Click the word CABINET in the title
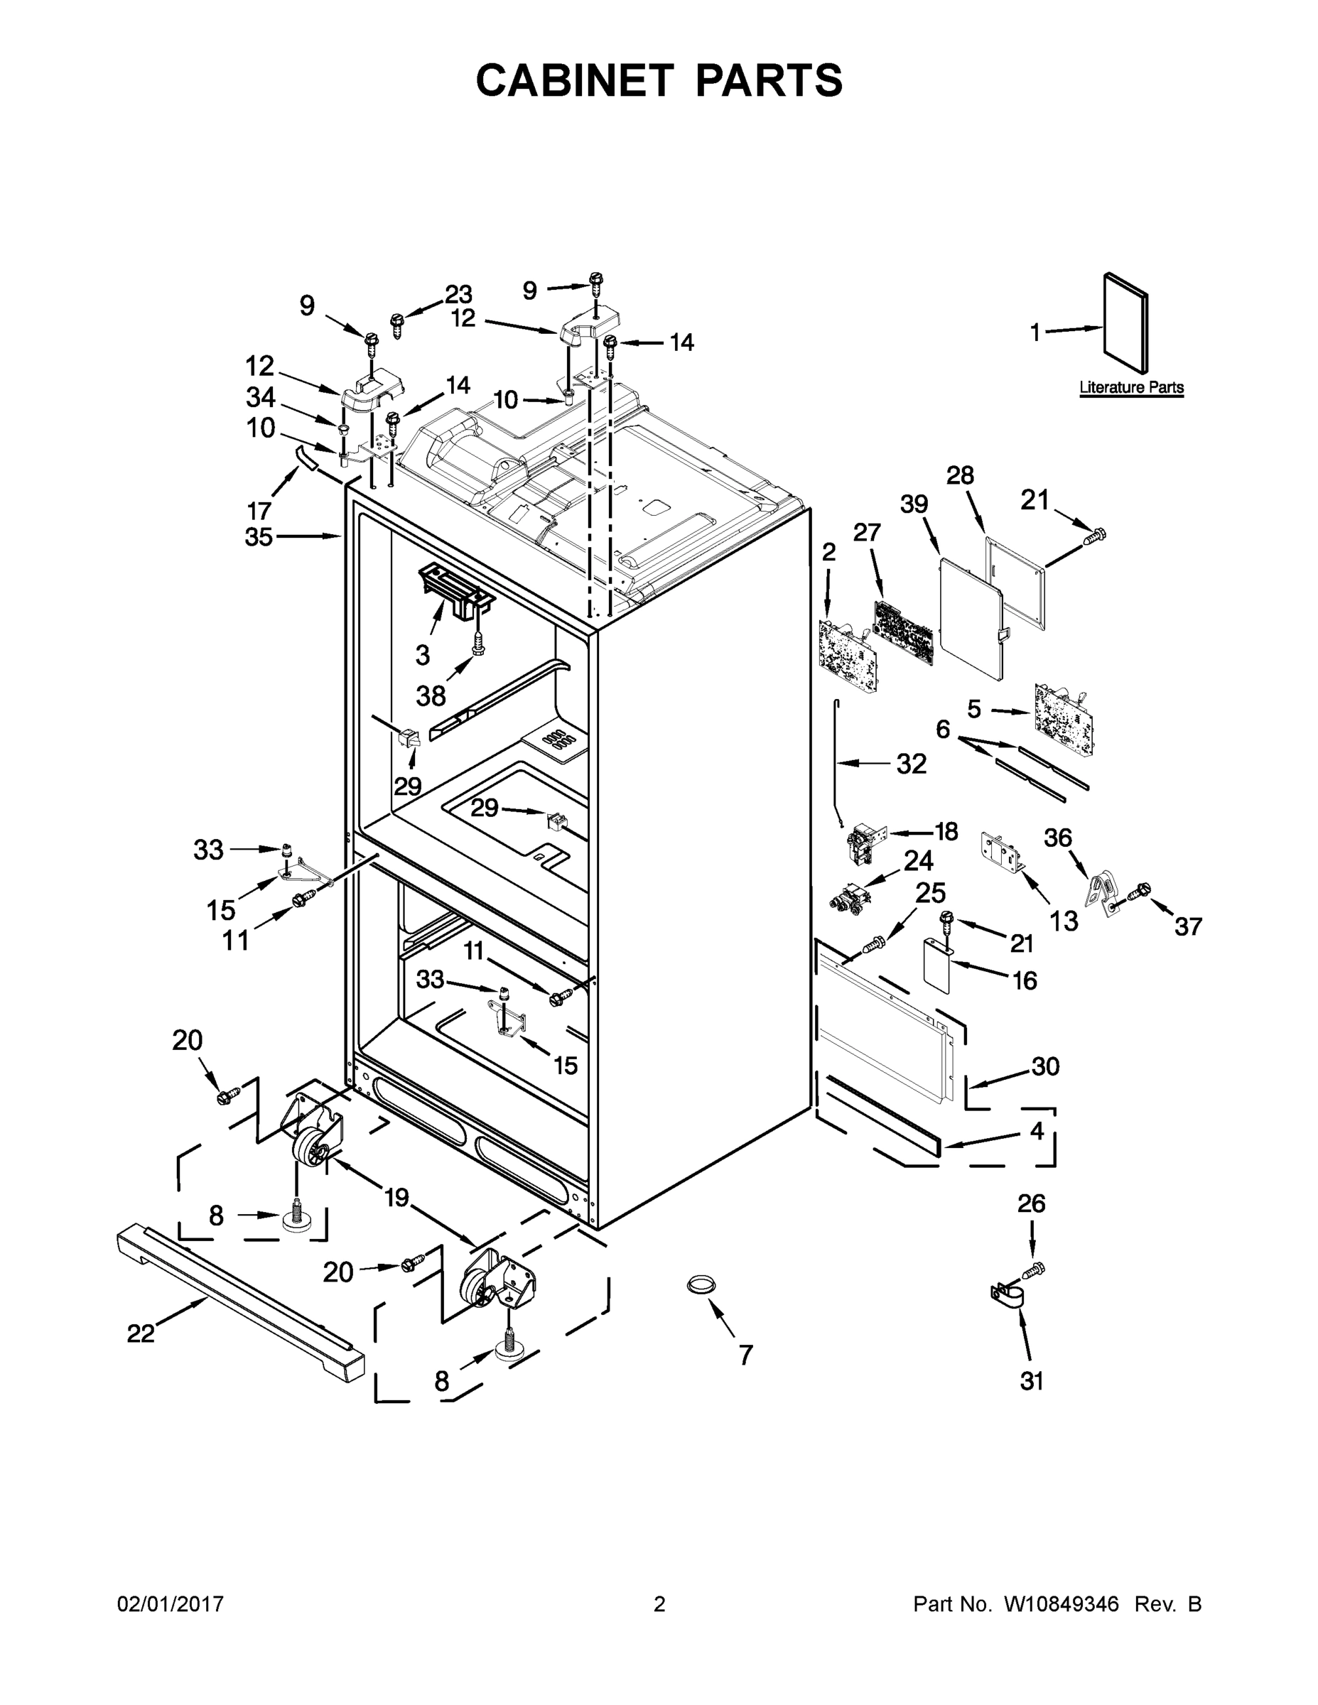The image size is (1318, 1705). (x=575, y=80)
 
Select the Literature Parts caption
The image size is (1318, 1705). (x=1130, y=387)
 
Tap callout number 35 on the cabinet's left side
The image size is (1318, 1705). (x=259, y=537)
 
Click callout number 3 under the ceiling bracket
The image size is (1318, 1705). (x=423, y=655)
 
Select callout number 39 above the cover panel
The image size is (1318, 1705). (x=914, y=504)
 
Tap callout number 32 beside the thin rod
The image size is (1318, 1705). (x=911, y=764)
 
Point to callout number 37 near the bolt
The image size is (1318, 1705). (x=1189, y=926)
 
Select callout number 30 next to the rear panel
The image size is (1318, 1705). (x=1045, y=1066)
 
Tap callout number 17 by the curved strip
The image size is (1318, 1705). (x=259, y=511)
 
